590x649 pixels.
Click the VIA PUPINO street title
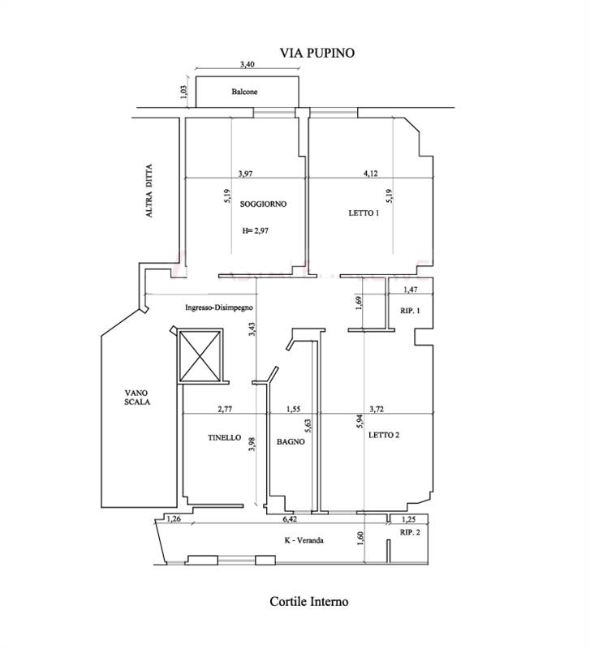tap(317, 53)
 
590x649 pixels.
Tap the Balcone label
tap(244, 92)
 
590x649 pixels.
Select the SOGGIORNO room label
tap(263, 204)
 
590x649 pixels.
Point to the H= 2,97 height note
tap(255, 231)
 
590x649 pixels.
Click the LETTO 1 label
tap(364, 213)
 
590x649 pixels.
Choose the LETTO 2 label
tap(384, 435)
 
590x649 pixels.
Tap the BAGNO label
tap(291, 441)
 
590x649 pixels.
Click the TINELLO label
tap(225, 437)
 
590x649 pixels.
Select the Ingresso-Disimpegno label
tap(219, 307)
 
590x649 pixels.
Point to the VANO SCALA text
tap(137, 398)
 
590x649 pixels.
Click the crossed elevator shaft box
tap(200, 356)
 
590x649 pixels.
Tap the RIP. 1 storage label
tap(410, 311)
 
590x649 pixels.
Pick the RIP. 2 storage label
tap(410, 532)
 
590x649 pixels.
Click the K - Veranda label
tap(304, 540)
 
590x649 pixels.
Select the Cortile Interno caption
tap(309, 601)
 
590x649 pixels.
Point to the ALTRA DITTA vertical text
tap(149, 191)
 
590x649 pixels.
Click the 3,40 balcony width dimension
tap(248, 65)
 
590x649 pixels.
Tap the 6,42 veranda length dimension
tap(290, 518)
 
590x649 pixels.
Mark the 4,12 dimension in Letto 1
tap(371, 174)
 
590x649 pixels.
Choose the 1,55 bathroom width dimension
tap(294, 410)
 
